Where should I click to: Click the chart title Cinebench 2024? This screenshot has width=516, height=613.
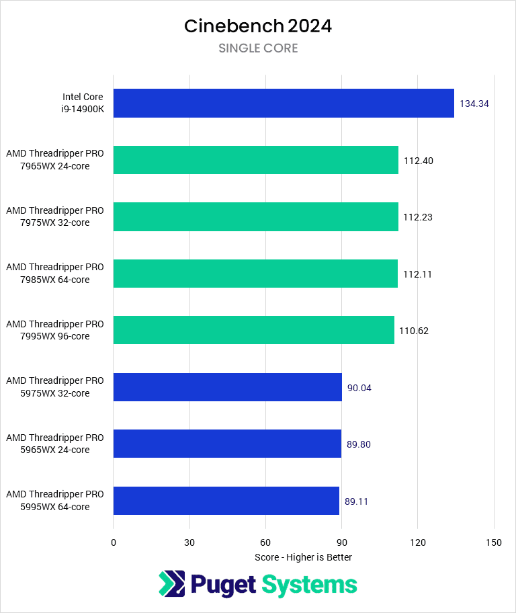point(258,26)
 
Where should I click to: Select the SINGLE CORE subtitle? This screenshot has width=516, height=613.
point(258,48)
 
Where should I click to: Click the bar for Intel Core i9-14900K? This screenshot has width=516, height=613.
point(284,104)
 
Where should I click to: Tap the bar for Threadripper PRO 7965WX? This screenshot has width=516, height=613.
point(255,160)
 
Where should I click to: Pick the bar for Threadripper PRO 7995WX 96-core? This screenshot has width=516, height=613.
point(253,330)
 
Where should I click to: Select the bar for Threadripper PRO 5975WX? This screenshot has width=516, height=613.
point(227,387)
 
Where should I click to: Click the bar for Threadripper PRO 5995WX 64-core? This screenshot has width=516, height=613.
point(226,501)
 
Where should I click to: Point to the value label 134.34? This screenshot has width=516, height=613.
point(474,104)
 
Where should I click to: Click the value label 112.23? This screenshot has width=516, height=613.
point(418,217)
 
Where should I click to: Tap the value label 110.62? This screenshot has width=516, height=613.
point(414,331)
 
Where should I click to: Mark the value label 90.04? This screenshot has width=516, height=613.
point(359,388)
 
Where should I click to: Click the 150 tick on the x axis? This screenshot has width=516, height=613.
point(494,542)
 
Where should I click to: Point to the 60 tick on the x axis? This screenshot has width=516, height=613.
point(265,542)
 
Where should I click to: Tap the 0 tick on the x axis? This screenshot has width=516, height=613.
point(114,542)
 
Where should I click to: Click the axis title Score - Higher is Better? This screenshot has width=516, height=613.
point(303,557)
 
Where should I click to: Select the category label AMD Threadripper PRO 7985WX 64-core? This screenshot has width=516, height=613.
point(55,274)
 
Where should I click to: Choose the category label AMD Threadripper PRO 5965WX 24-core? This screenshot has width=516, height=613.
point(55,444)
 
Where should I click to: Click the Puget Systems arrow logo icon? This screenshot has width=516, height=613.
point(171,584)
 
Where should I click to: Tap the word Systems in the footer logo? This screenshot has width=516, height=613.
point(309,585)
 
